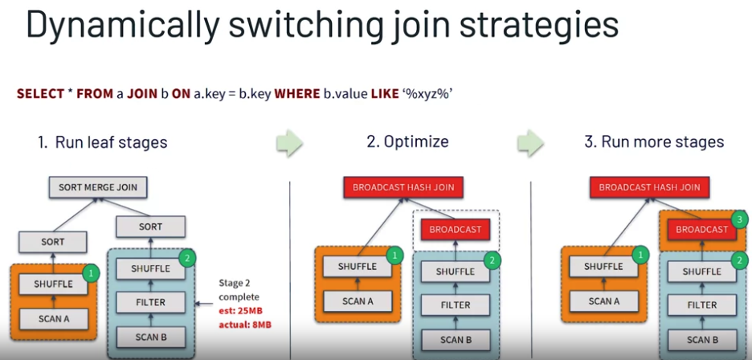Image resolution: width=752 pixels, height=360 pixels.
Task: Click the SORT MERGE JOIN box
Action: click(x=98, y=187)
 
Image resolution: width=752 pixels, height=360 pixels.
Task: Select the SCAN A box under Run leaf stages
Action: click(x=52, y=317)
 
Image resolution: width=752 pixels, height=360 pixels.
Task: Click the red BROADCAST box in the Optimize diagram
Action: click(x=455, y=229)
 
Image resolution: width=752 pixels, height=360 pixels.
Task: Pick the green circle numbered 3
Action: click(x=741, y=218)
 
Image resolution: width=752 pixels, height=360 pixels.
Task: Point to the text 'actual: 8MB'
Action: click(x=245, y=325)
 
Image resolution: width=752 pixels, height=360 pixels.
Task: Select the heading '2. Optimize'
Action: click(x=407, y=142)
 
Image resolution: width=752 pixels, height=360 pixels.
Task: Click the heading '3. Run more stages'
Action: click(x=654, y=142)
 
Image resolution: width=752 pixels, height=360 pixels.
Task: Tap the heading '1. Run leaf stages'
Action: click(x=102, y=142)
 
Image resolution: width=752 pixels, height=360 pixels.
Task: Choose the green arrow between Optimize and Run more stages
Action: click(x=530, y=142)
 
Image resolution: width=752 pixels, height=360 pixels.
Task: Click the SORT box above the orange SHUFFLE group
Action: click(x=52, y=240)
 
